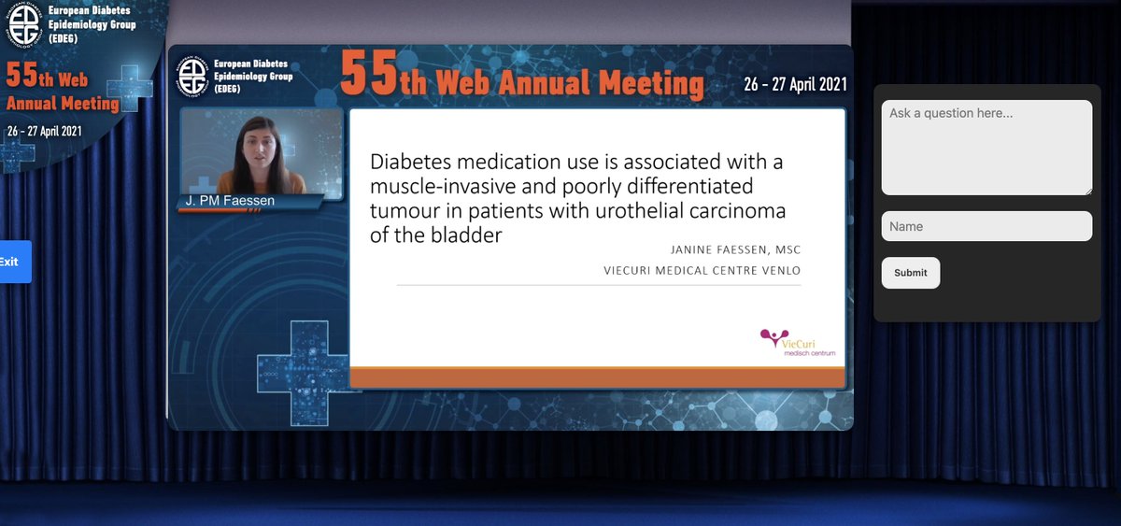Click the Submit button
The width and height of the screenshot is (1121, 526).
coord(910,273)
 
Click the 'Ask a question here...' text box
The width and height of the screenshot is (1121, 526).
coord(986,148)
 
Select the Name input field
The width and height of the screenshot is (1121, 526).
coord(986,226)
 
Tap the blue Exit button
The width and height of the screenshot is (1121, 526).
coord(13,262)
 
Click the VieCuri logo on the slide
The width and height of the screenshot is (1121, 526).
coord(798,342)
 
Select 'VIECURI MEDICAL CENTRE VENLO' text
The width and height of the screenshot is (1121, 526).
coord(702,271)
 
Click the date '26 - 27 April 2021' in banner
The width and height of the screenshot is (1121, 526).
coord(795,84)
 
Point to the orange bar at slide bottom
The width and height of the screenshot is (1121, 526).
coord(597,377)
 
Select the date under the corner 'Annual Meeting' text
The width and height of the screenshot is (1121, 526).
coord(44,131)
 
